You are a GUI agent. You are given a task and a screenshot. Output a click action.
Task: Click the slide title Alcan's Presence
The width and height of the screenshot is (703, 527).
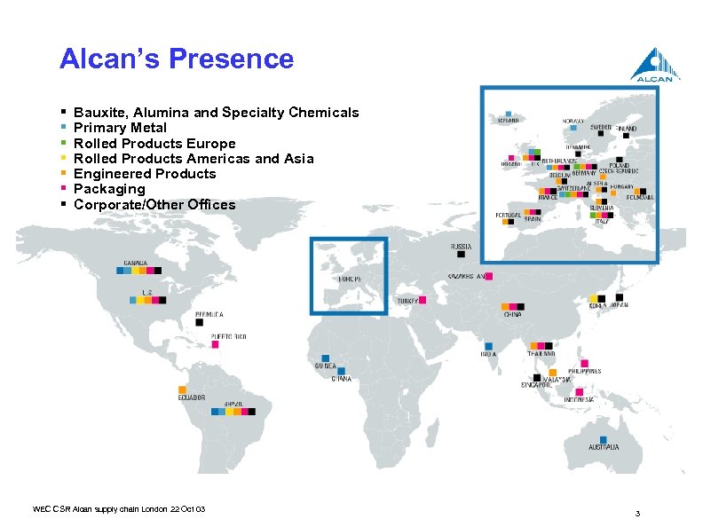click(x=176, y=59)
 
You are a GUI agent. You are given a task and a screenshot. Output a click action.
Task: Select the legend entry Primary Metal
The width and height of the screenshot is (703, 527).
click(x=120, y=128)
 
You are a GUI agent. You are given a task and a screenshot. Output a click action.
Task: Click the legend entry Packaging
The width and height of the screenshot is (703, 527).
click(x=109, y=189)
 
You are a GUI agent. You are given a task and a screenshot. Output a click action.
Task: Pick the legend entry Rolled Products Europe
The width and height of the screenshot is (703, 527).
click(x=154, y=143)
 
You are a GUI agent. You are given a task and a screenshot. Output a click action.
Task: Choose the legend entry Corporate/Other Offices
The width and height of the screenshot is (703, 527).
click(x=154, y=205)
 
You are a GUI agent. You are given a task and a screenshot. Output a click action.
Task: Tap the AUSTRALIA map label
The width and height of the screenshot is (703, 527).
click(x=604, y=448)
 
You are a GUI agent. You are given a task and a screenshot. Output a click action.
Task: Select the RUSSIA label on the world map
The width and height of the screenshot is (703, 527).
click(x=461, y=246)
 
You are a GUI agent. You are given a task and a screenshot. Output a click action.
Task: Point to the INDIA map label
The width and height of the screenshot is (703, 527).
click(x=488, y=354)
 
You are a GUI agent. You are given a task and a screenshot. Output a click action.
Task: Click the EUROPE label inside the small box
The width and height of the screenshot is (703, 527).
click(x=349, y=278)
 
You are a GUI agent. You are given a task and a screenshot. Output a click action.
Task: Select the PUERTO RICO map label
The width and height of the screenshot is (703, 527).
click(x=228, y=337)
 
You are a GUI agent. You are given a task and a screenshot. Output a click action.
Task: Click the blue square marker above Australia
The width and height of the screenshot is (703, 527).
click(x=604, y=439)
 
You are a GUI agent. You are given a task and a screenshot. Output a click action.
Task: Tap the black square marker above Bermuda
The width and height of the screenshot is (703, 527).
click(x=212, y=323)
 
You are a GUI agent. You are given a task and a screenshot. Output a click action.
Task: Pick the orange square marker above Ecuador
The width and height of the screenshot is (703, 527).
click(x=182, y=389)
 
